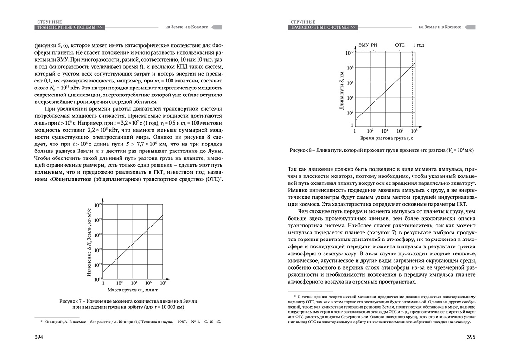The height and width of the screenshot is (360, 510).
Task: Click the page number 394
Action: pos(37,337)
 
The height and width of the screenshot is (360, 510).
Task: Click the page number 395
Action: pos(473,337)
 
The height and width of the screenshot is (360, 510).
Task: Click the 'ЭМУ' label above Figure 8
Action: pos(363,45)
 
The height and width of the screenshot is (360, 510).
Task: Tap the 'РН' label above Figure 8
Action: pos(374,45)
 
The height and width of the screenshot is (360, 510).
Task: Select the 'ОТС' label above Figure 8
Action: pos(400,45)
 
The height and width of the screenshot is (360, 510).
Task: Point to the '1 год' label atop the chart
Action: pos(419,45)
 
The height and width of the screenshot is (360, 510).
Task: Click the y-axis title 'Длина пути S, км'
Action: pos(342,90)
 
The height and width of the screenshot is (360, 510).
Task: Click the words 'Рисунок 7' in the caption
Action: pos(73,301)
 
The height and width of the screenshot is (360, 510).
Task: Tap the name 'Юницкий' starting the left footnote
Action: pos(55,321)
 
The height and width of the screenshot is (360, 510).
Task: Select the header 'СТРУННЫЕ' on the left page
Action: pos(50,21)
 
